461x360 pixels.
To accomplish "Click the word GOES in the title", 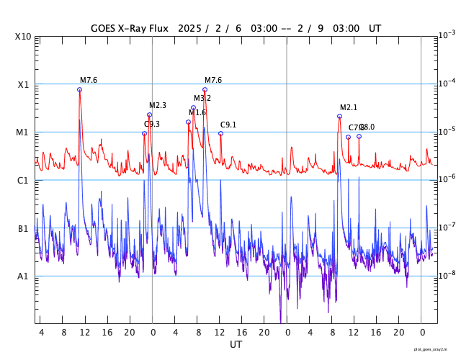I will click(x=104, y=29).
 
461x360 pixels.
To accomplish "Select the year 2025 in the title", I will click(x=186, y=29).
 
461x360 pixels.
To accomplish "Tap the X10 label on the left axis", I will click(x=23, y=36).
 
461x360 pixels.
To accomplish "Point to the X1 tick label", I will click(x=23, y=84).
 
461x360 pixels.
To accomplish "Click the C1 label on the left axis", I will click(x=23, y=180).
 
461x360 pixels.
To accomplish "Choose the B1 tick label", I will click(x=23, y=228).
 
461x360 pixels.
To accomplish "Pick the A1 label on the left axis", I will click(x=23, y=276).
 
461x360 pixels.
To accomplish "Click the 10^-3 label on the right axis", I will click(x=447, y=35).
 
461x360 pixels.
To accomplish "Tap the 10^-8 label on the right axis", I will click(x=447, y=275).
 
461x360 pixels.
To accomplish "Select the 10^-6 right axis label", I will click(x=447, y=179).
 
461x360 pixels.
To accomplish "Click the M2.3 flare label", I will click(x=158, y=106).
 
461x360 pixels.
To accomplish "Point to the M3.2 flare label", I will click(x=202, y=98).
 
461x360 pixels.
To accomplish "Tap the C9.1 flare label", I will click(x=228, y=125).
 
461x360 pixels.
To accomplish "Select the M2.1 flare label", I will click(x=349, y=108).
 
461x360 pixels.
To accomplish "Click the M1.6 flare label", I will click(x=197, y=112).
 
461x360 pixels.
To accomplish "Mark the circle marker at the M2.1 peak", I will click(x=339, y=116).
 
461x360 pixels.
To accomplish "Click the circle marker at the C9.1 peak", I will click(x=220, y=133).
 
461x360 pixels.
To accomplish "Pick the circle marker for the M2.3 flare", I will click(x=149, y=114).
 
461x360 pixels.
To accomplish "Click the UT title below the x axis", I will click(x=236, y=344).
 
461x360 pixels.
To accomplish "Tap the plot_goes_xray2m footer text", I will click(x=435, y=348).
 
